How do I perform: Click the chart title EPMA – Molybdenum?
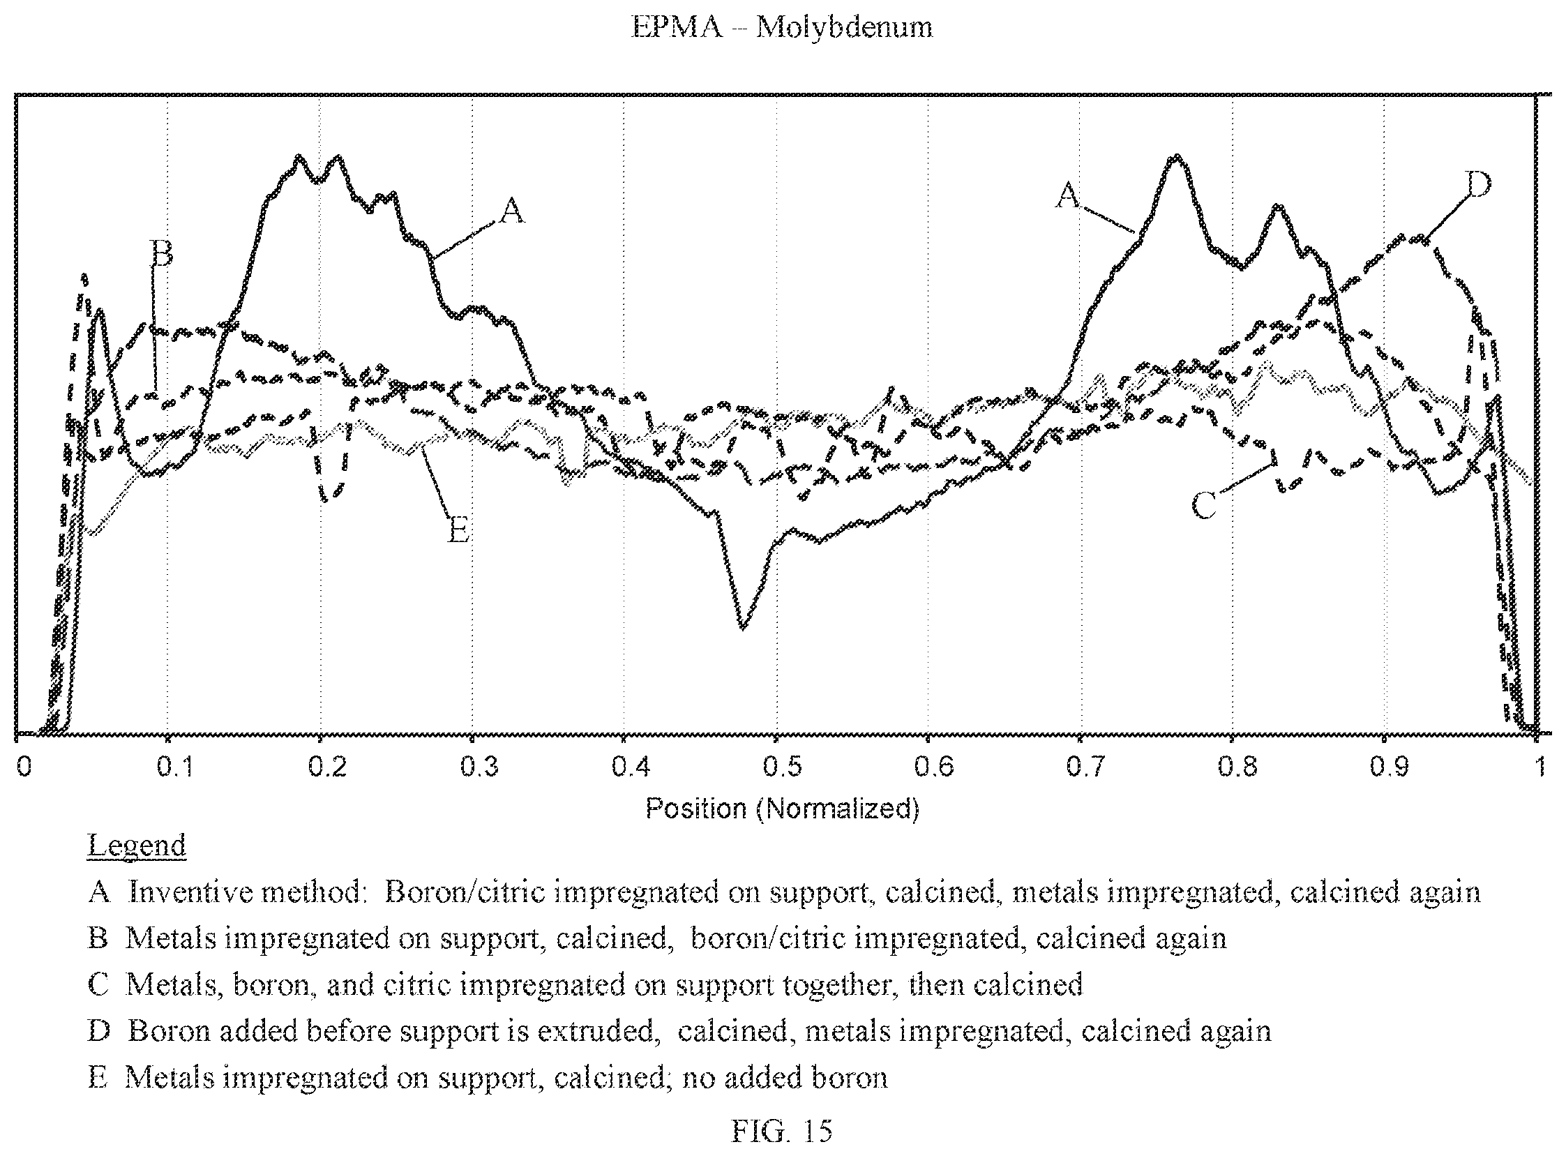pos(781,27)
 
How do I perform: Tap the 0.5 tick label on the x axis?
pos(782,767)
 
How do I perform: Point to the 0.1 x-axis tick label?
pos(175,767)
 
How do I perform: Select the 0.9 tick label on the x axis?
pos(1389,767)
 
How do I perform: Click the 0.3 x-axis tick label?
pos(479,767)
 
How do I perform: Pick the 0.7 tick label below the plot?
pos(1085,767)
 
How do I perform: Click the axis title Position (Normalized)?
pos(781,808)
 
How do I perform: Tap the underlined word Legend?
pos(137,846)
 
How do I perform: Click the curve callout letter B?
pos(162,253)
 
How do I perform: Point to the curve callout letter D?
pos(1477,184)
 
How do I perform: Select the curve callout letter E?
pos(458,530)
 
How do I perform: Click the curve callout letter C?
pos(1203,505)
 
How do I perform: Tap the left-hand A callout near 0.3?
pos(512,210)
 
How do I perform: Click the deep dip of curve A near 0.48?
pos(742,627)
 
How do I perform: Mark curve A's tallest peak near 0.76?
pos(1177,157)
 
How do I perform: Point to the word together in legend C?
pos(836,985)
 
